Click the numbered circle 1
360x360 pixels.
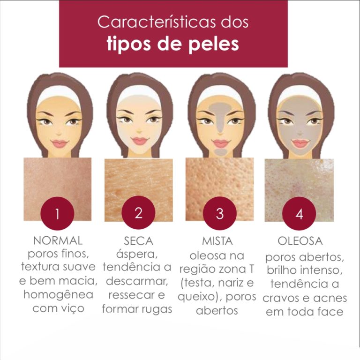coord(57,213)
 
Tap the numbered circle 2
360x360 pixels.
coord(138,213)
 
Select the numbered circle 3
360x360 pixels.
coord(220,213)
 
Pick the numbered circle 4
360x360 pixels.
coord(299,214)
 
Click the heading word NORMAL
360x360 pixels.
coord(58,240)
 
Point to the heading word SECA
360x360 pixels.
coord(138,241)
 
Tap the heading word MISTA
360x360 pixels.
coord(217,241)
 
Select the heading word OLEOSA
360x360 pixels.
coord(300,241)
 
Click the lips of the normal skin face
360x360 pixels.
coord(59,144)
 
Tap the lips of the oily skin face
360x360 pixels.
coord(300,144)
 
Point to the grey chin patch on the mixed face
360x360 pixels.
coord(220,152)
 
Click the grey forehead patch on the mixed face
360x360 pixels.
coord(220,107)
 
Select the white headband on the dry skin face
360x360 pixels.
coord(139,92)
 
